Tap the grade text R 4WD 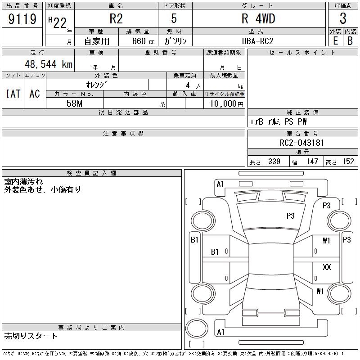tap(258, 19)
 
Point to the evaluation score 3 tap(343, 19)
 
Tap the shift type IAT tap(13, 94)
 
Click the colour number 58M tap(74, 103)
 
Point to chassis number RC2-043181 tap(302, 143)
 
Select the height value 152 tap(348, 162)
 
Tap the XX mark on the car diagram tap(327, 267)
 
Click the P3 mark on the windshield tap(291, 216)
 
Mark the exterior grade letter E tap(335, 41)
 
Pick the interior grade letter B tap(350, 41)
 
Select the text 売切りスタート tap(31, 336)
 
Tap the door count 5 tap(174, 19)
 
